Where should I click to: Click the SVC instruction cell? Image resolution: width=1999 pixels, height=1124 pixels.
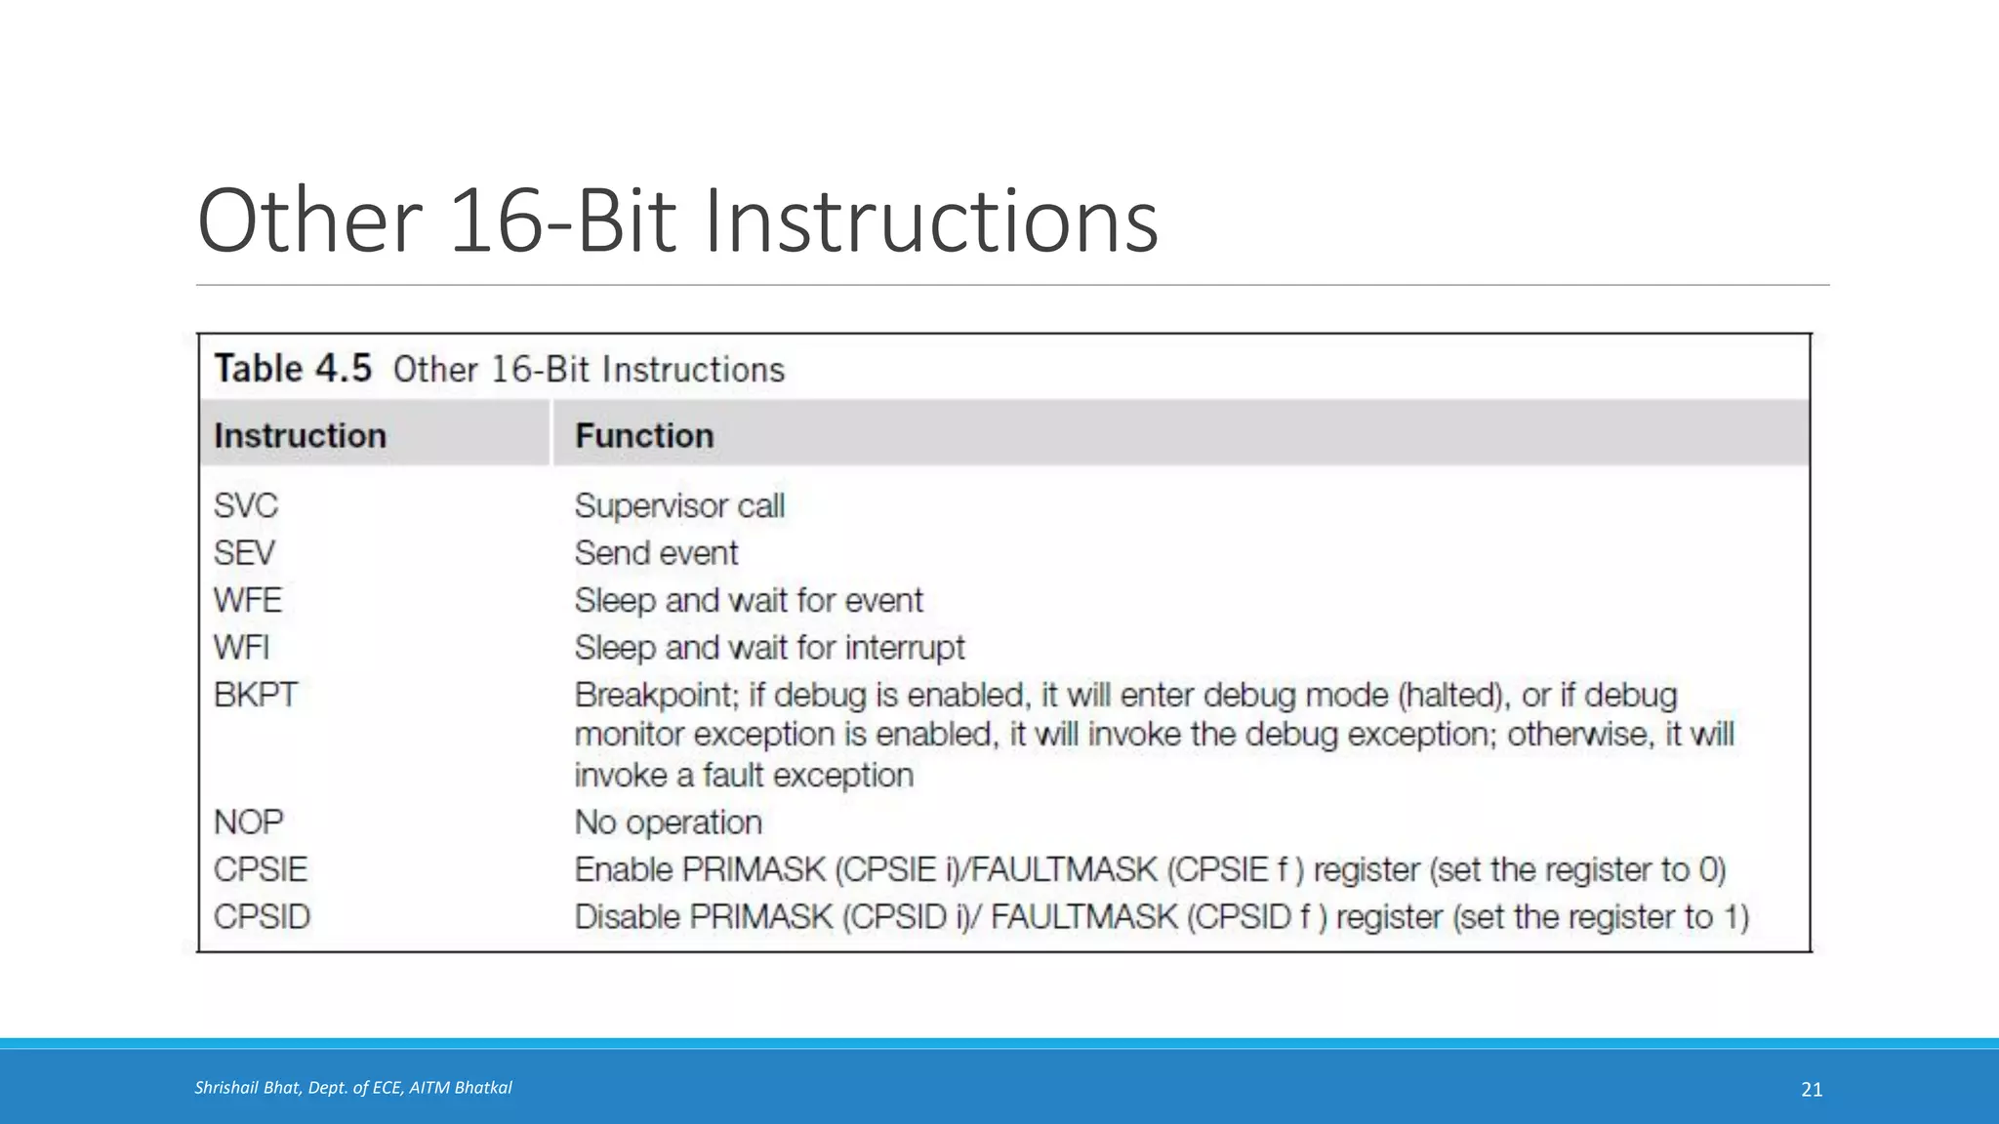(246, 505)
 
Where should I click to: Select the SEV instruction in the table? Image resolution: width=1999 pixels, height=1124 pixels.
(244, 553)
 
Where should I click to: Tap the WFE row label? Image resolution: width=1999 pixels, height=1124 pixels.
(248, 600)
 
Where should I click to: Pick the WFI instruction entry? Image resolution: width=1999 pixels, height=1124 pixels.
(241, 648)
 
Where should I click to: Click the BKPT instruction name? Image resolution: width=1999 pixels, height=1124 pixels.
(255, 695)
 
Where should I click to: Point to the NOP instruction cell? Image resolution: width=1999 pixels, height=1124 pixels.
(248, 823)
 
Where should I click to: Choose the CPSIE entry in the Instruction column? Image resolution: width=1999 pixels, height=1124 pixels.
(261, 869)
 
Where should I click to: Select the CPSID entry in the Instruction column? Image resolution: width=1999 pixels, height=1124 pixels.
(262, 917)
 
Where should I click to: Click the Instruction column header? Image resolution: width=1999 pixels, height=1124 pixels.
(300, 435)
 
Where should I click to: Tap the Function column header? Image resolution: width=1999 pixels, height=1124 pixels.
(644, 435)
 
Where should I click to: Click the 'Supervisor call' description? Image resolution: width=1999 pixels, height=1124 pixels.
(679, 505)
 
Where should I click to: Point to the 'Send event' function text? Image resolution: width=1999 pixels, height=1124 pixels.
(656, 553)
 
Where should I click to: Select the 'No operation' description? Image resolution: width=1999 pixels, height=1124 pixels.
(668, 823)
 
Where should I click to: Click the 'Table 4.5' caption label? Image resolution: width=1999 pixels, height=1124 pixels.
(293, 369)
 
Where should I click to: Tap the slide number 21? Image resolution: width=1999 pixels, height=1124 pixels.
(1812, 1090)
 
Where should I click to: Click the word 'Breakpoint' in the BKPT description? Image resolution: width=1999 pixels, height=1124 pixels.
(654, 695)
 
